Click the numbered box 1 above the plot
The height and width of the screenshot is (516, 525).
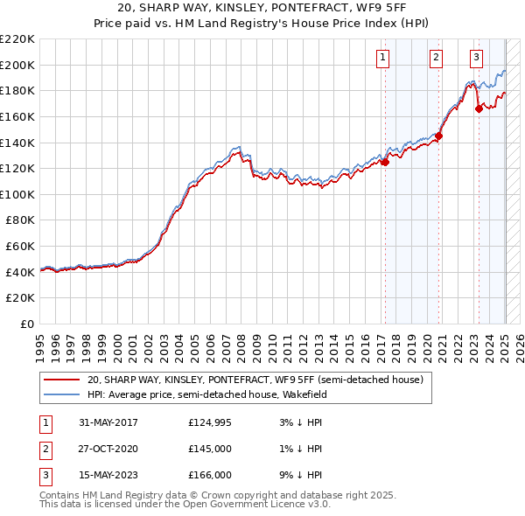[384, 59]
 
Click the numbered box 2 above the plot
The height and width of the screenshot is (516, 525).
[436, 59]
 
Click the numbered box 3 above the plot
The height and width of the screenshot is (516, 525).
[476, 59]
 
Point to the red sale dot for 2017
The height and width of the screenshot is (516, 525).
[385, 162]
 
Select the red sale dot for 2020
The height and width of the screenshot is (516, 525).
[439, 136]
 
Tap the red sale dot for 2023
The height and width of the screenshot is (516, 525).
[479, 108]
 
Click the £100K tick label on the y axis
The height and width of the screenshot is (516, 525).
[17, 194]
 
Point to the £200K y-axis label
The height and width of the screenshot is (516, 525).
[17, 65]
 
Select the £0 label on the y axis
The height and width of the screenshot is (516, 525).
[27, 324]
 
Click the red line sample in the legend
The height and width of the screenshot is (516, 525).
[61, 380]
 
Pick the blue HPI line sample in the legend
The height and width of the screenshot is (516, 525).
[61, 394]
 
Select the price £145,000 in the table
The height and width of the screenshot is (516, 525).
[209, 450]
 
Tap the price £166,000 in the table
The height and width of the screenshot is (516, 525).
[209, 476]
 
